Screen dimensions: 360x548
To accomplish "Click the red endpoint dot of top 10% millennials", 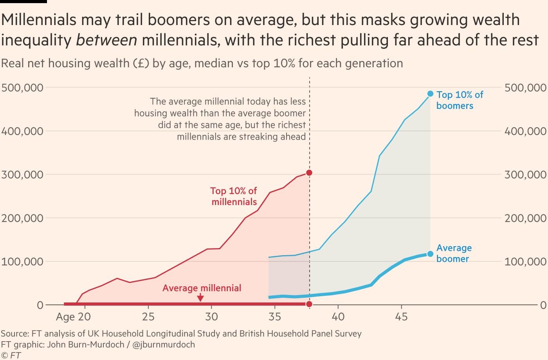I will pyautogui.click(x=309, y=173).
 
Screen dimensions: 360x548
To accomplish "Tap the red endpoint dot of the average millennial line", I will pyautogui.click(x=309, y=304).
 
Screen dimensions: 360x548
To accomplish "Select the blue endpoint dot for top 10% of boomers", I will pyautogui.click(x=430, y=94).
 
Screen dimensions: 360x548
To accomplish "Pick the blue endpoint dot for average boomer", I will pyautogui.click(x=430, y=254).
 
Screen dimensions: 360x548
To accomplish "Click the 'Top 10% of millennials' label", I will pyautogui.click(x=234, y=196).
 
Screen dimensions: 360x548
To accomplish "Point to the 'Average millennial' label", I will pyautogui.click(x=202, y=288).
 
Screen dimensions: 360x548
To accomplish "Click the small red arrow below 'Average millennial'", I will pyautogui.click(x=200, y=299).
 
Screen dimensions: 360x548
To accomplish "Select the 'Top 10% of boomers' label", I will pyautogui.click(x=460, y=100).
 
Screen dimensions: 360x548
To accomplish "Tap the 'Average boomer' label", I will pyautogui.click(x=454, y=253).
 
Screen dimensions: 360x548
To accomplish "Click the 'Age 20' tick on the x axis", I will pyautogui.click(x=73, y=317).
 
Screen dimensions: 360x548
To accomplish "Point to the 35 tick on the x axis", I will pyautogui.click(x=275, y=317).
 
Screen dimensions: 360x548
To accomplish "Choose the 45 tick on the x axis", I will pyautogui.click(x=401, y=317).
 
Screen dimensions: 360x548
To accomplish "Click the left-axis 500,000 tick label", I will pyautogui.click(x=22, y=88).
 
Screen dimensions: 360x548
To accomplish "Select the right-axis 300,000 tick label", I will pyautogui.click(x=525, y=175).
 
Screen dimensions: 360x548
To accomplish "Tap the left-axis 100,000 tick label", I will pyautogui.click(x=22, y=261).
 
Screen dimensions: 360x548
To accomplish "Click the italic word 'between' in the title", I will pyautogui.click(x=106, y=40).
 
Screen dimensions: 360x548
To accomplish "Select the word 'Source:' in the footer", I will pyautogui.click(x=15, y=334).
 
